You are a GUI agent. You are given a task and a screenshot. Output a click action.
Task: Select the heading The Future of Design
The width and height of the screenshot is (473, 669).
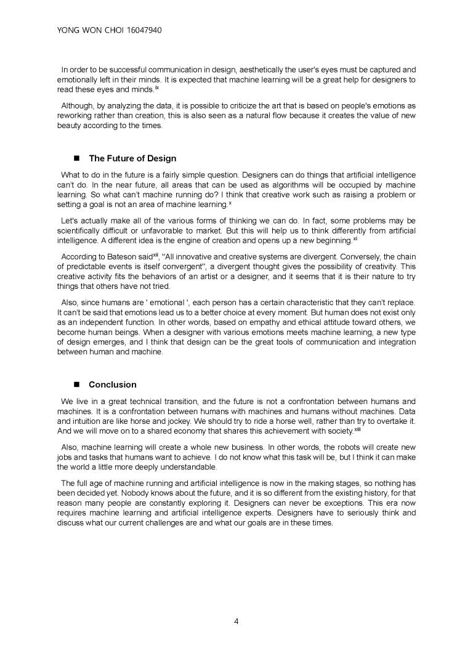tap(132, 158)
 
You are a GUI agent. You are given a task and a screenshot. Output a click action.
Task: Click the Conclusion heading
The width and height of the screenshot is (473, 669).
tap(113, 384)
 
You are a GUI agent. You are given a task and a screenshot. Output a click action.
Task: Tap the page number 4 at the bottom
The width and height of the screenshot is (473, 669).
tap(236, 620)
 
